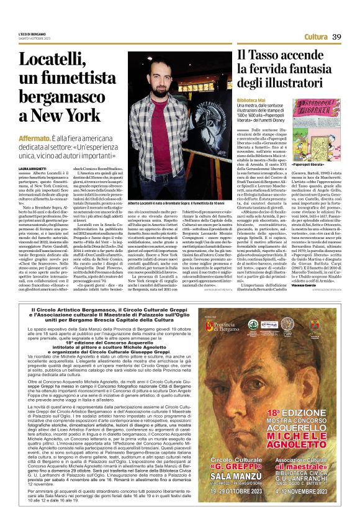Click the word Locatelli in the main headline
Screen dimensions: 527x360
[54, 61]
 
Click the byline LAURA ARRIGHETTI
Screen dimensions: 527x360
[32, 168]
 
